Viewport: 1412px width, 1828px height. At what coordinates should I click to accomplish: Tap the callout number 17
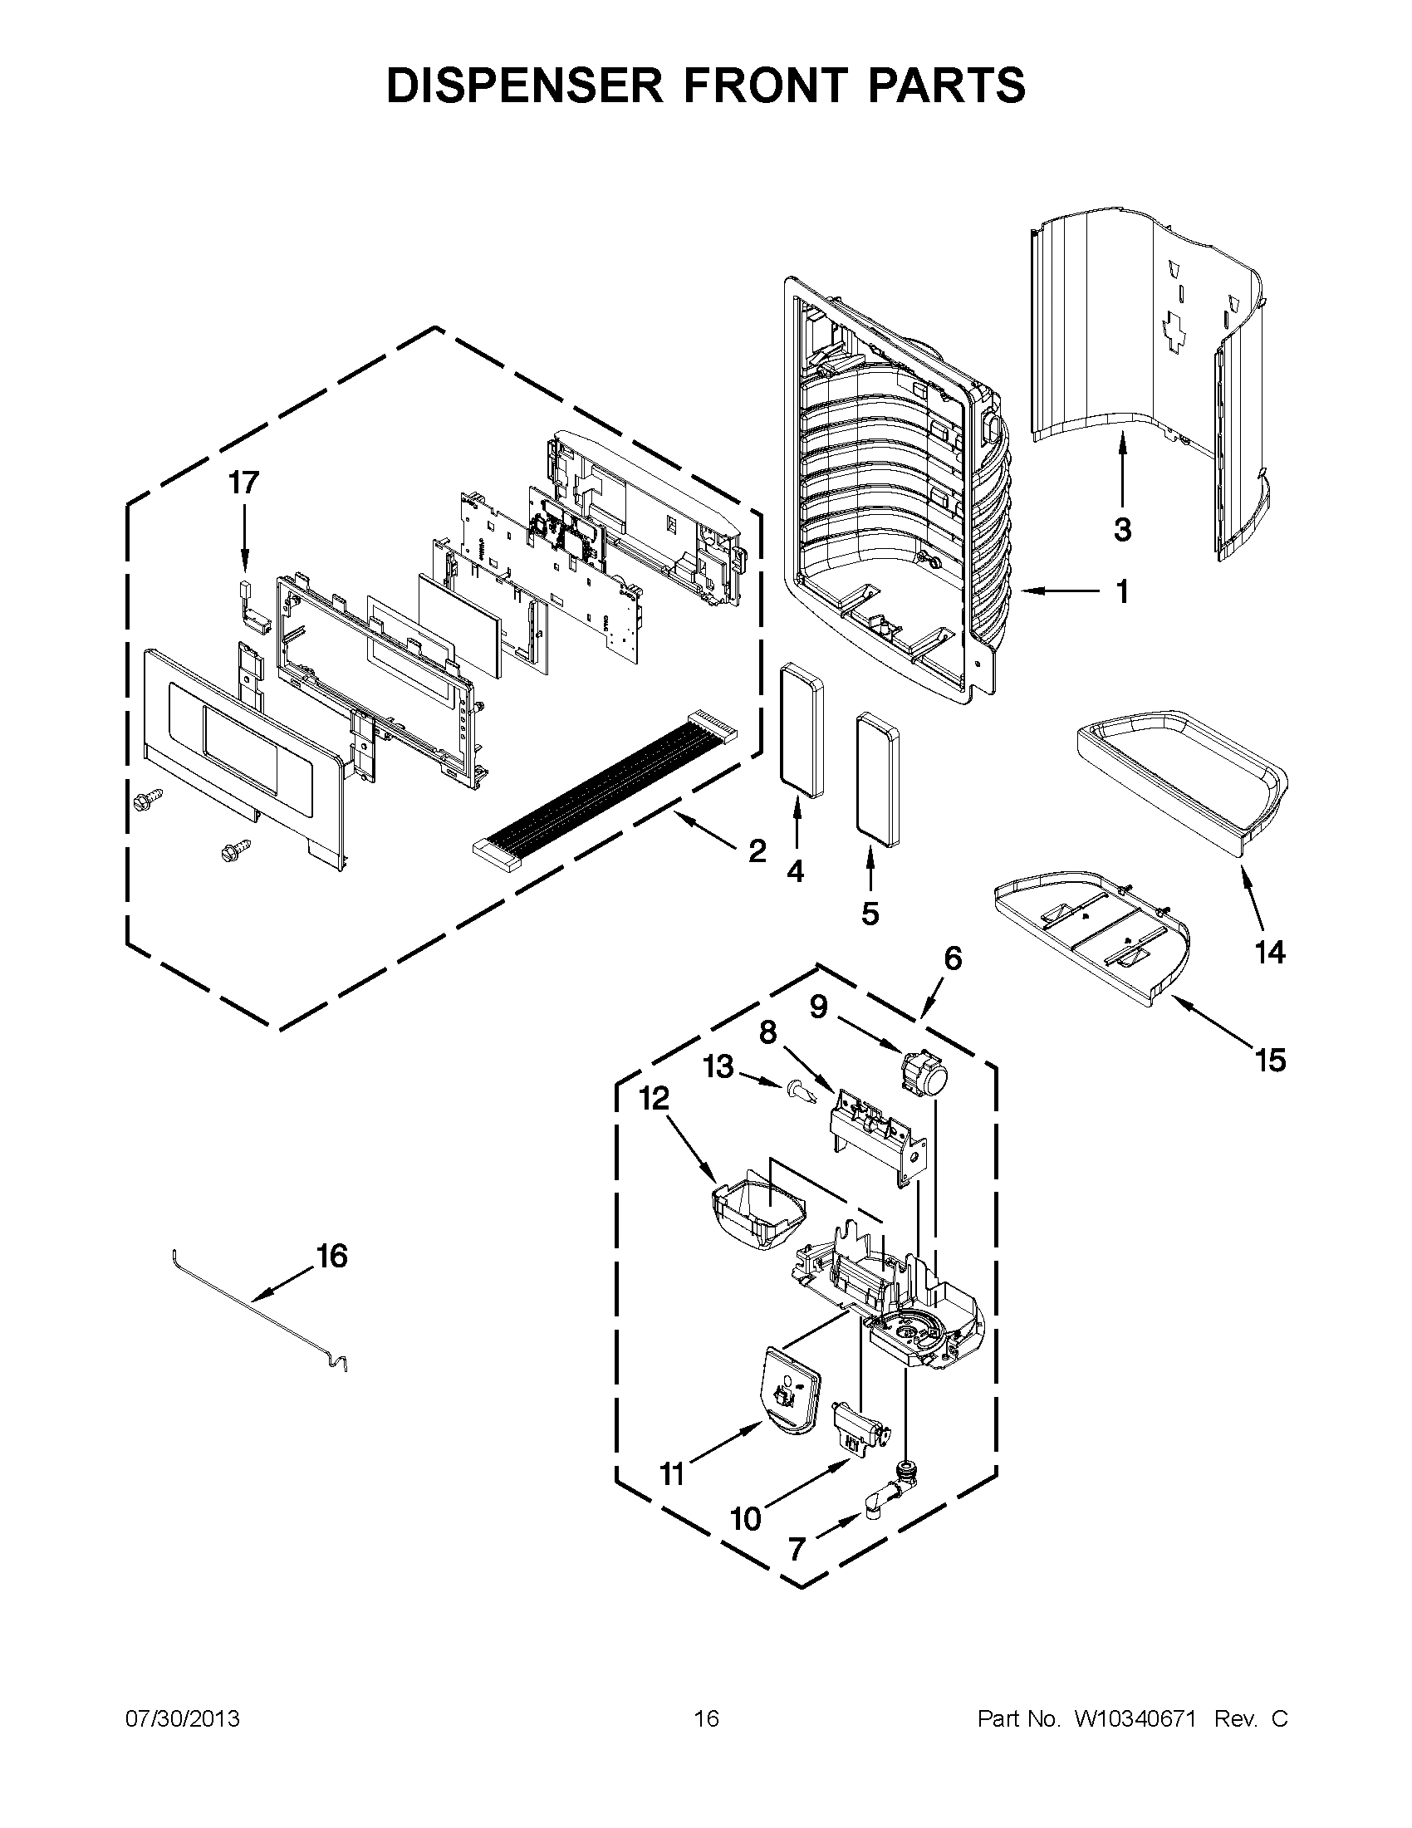pos(244,483)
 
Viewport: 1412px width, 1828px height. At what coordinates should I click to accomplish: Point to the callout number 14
pos(1270,952)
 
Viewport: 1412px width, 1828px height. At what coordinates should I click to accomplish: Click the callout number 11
pos(672,1473)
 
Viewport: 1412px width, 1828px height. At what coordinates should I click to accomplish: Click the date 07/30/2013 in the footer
pos(183,1719)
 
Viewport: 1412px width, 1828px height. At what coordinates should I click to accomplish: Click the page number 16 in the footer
pos(707,1719)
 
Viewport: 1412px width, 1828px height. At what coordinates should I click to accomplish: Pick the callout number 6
pos(953,958)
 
